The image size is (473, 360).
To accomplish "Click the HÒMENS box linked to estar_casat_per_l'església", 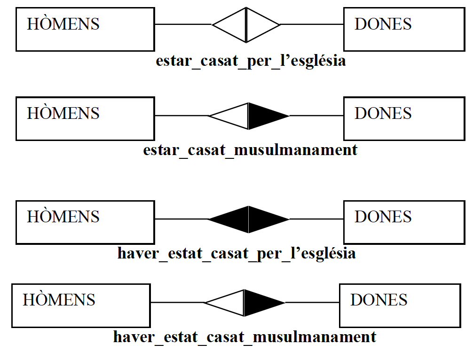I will [x=85, y=29].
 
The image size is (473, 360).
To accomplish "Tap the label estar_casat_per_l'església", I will [x=251, y=61].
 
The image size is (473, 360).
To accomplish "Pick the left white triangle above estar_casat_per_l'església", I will [x=233, y=24].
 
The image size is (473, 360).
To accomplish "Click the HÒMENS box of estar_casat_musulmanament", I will [x=85, y=118].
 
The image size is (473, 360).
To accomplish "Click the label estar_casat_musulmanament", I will [x=250, y=150].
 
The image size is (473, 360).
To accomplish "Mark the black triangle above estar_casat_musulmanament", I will [x=263, y=116].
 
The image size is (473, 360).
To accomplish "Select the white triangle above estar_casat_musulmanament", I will [x=233, y=116].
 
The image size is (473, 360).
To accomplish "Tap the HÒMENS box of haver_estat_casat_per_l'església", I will [x=85, y=222].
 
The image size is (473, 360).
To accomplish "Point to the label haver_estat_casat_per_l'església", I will [x=236, y=254].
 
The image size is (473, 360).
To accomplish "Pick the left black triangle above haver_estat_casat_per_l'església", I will [x=233, y=219].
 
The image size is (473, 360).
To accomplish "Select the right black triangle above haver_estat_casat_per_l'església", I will [x=263, y=219].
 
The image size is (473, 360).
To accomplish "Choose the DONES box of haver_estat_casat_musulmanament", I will [x=400, y=305].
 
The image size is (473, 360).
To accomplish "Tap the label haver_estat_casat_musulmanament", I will [x=244, y=337].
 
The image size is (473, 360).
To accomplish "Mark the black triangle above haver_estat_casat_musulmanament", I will [x=260, y=303].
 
